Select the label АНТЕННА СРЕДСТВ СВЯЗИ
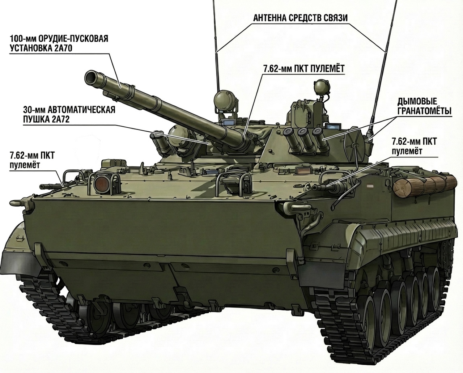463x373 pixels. pos(300,18)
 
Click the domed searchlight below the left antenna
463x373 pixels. pos(224,101)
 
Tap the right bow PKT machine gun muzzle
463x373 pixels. pos(315,188)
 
